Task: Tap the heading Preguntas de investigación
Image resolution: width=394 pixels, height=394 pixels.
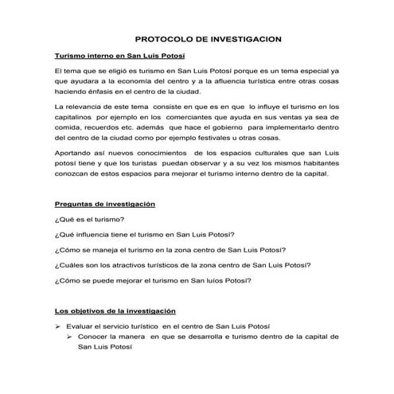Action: pyautogui.click(x=104, y=205)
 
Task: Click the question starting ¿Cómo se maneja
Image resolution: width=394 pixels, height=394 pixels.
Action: pyautogui.click(x=158, y=249)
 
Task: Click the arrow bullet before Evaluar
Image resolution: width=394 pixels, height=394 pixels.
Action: pyautogui.click(x=57, y=327)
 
